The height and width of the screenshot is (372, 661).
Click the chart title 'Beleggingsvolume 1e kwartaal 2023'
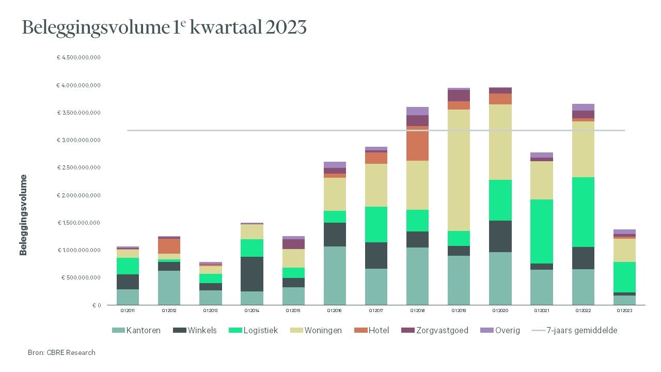[x=164, y=28]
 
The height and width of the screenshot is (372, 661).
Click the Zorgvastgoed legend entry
[x=435, y=330]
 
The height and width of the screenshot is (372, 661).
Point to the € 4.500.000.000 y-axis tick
[x=78, y=57]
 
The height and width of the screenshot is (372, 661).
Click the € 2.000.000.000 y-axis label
[x=78, y=195]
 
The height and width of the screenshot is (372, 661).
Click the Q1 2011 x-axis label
[x=128, y=311]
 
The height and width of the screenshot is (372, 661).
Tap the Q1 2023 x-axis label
[x=624, y=311]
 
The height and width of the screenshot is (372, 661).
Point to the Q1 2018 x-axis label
[x=417, y=311]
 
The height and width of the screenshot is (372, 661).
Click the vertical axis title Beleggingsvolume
[x=23, y=215]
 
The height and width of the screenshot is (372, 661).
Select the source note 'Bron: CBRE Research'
[x=61, y=352]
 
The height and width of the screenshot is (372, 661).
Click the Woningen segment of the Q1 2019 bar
[x=459, y=170]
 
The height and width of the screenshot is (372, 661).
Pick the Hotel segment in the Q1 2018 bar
[x=417, y=143]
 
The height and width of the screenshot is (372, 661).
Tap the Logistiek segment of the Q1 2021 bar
[x=542, y=231]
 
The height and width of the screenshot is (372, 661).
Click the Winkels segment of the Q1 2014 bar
[x=251, y=274]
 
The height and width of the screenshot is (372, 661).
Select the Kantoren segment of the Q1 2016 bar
[x=335, y=275]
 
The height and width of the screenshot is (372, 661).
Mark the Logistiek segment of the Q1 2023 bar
[x=624, y=277]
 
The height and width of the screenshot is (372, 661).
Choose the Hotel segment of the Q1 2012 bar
[x=169, y=246]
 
